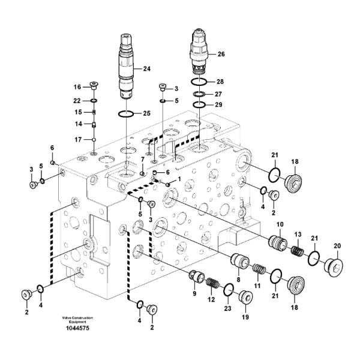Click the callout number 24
147,69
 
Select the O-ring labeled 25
125,113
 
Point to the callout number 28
220,81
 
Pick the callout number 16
77,86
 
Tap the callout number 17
77,140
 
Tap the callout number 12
211,298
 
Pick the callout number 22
77,100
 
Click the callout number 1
178,179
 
